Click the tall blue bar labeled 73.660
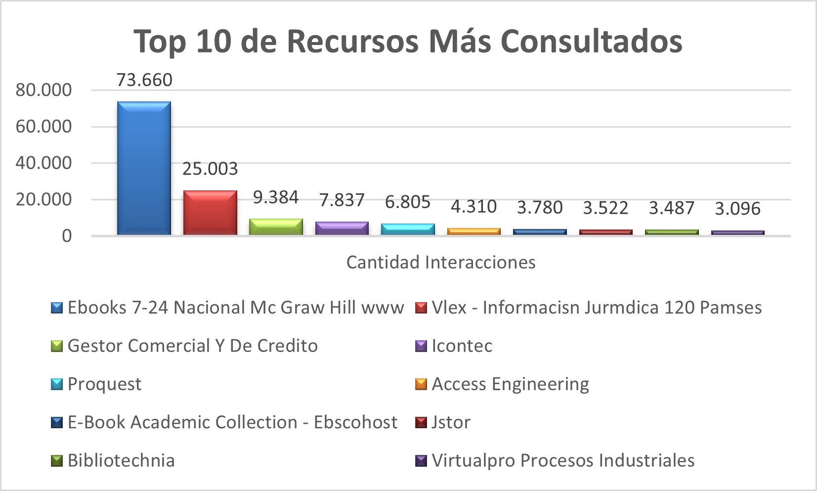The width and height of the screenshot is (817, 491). click(144, 168)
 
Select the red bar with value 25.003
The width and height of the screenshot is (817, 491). click(210, 213)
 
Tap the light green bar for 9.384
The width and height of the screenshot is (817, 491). click(276, 226)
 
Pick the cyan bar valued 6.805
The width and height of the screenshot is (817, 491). click(408, 229)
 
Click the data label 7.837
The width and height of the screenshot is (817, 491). click(342, 200)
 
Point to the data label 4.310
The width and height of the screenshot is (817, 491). click(473, 207)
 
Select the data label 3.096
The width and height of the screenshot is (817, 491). click(737, 209)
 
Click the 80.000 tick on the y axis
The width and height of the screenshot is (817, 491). click(43, 90)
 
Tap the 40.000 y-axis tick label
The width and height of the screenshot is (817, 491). click(43, 163)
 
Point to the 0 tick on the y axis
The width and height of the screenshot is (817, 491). click(67, 236)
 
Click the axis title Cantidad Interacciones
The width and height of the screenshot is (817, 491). click(441, 262)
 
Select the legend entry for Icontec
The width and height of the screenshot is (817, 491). click(462, 346)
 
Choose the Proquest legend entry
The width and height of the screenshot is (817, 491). click(104, 384)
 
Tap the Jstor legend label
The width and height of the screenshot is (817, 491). click(451, 422)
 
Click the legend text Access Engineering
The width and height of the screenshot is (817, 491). click(510, 384)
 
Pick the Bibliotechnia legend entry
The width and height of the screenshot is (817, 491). click(121, 460)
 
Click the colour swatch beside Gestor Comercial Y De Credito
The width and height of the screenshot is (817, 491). click(57, 346)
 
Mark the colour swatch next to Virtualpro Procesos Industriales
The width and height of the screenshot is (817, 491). click(421, 461)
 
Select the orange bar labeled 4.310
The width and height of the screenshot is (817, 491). click(473, 231)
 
